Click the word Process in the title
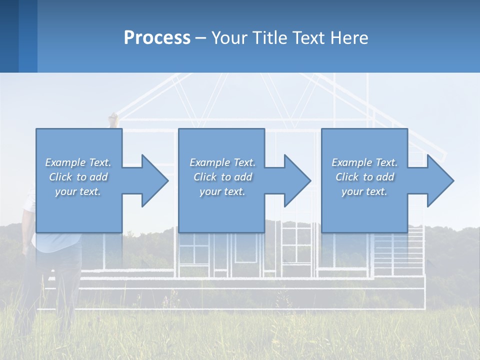pyautogui.click(x=157, y=38)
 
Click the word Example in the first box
pyautogui.click(x=65, y=162)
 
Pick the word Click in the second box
pyautogui.click(x=204, y=177)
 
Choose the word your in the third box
pyautogui.click(x=352, y=191)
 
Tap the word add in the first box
pyautogui.click(x=99, y=177)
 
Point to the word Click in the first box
pyautogui.click(x=60, y=177)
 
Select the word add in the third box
pyautogui.click(x=385, y=177)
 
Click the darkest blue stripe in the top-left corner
pyautogui.click(x=9, y=36)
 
